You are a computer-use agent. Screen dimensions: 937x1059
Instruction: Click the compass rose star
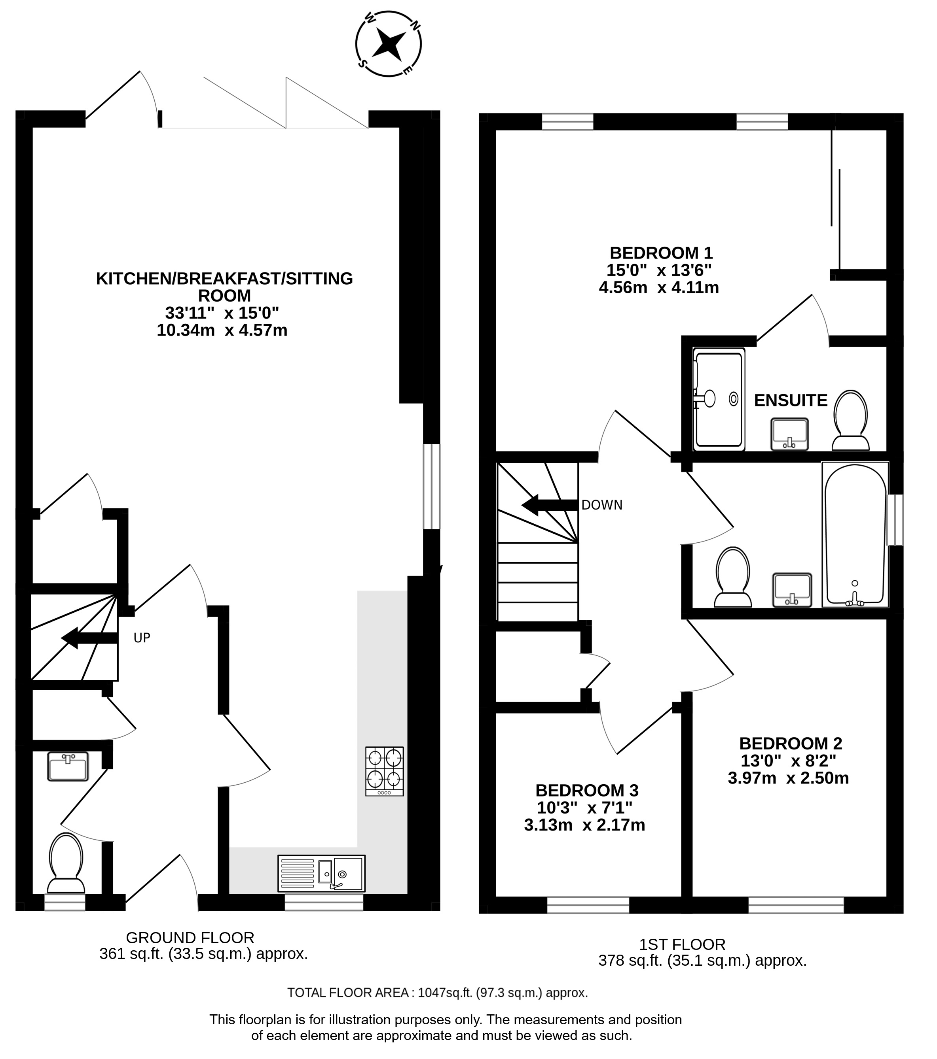coord(389,44)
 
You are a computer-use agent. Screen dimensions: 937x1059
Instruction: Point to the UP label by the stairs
coord(142,638)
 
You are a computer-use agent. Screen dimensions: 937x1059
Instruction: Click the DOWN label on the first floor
coord(601,505)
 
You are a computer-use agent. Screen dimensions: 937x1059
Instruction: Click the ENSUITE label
coord(790,400)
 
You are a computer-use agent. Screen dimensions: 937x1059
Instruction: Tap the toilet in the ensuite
coord(850,420)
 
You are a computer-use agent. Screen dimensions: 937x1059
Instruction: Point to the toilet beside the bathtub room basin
coord(733,577)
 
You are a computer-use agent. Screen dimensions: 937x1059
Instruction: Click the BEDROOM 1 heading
coord(661,253)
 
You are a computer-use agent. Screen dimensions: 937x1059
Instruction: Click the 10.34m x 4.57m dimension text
coord(222,330)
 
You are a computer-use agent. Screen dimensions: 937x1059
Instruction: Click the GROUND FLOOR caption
coord(190,938)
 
